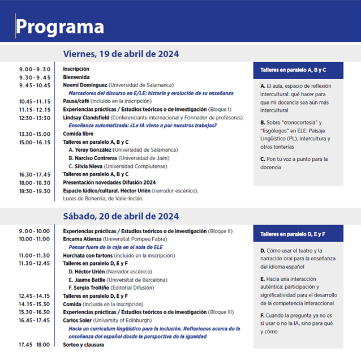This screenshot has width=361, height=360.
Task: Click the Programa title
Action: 60,27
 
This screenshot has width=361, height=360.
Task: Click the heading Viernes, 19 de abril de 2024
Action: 121,54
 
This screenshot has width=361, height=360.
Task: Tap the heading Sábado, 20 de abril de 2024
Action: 121,216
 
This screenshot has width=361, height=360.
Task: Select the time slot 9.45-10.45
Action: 35,85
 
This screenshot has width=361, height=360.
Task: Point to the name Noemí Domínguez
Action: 85,85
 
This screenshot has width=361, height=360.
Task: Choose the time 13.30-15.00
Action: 35,134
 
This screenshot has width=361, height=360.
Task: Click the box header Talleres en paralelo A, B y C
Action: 293,70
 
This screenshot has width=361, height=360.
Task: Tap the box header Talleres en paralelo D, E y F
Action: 293,234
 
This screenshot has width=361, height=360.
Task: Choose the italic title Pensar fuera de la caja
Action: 115,247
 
